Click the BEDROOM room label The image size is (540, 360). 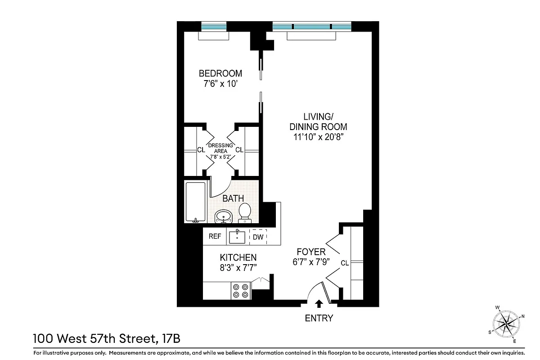[220, 73]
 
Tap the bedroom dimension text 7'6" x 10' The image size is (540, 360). [220, 83]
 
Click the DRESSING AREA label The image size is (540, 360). [220, 148]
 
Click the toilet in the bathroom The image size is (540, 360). [245, 212]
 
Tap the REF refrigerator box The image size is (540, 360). [215, 236]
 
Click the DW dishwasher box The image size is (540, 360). [258, 237]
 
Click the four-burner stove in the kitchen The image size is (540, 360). [240, 290]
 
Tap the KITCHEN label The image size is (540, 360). [238, 258]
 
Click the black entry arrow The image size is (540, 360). [319, 303]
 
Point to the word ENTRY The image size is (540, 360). [319, 318]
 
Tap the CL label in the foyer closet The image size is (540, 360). [345, 263]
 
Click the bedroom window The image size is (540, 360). [215, 26]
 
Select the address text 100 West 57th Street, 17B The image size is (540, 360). [107, 337]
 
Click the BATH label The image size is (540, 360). [233, 198]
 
